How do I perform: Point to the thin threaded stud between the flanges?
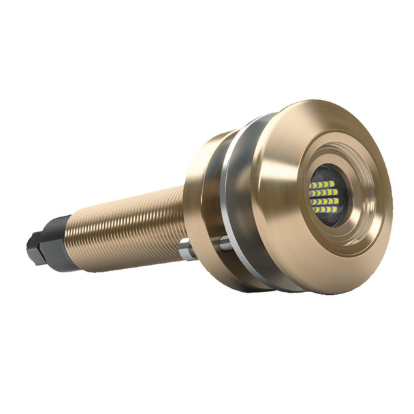pos(225,240)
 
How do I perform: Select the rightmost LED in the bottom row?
pos(334,209)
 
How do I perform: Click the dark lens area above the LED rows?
pos(325,174)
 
